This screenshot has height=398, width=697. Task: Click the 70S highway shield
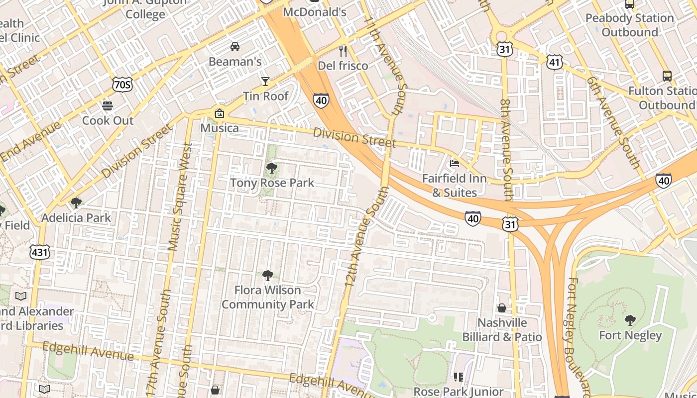[x=122, y=85]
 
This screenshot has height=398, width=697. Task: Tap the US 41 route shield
[x=554, y=62]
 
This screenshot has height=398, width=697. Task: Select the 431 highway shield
[x=39, y=252]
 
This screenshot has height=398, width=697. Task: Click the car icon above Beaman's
[x=235, y=47]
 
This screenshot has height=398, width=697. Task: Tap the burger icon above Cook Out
[x=108, y=105]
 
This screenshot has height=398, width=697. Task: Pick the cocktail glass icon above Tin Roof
[x=265, y=81]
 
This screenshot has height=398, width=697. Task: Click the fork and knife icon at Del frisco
[x=343, y=51]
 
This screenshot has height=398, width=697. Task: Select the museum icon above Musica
[x=219, y=113]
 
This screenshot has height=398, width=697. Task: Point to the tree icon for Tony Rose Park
[x=272, y=168]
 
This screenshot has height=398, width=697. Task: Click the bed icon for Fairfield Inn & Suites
[x=454, y=163]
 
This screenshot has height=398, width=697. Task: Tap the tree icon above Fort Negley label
[x=630, y=320]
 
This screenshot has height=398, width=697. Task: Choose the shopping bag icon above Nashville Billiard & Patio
[x=502, y=308]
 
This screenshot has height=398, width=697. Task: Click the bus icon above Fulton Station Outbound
[x=667, y=76]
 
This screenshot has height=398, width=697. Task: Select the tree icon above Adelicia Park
[x=76, y=202]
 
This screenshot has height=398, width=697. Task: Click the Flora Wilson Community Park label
[x=268, y=297]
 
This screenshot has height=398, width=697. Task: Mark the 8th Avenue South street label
[x=506, y=149]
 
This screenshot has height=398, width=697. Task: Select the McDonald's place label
[x=315, y=11]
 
